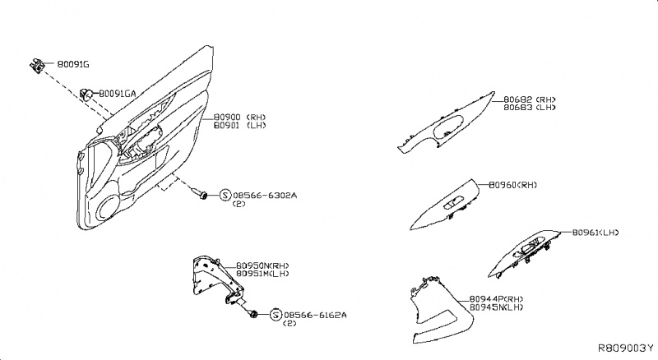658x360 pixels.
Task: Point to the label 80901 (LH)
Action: (239, 127)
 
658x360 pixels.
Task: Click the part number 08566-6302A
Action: (264, 196)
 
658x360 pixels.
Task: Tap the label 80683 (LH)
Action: (529, 108)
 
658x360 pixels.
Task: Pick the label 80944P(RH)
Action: (496, 298)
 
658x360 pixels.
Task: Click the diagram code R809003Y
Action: (624, 349)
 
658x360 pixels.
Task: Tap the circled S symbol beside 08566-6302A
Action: (224, 196)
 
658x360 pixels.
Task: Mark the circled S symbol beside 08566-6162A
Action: (275, 315)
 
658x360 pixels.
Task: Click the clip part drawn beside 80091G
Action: (38, 63)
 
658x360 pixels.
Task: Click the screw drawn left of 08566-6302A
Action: (200, 195)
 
